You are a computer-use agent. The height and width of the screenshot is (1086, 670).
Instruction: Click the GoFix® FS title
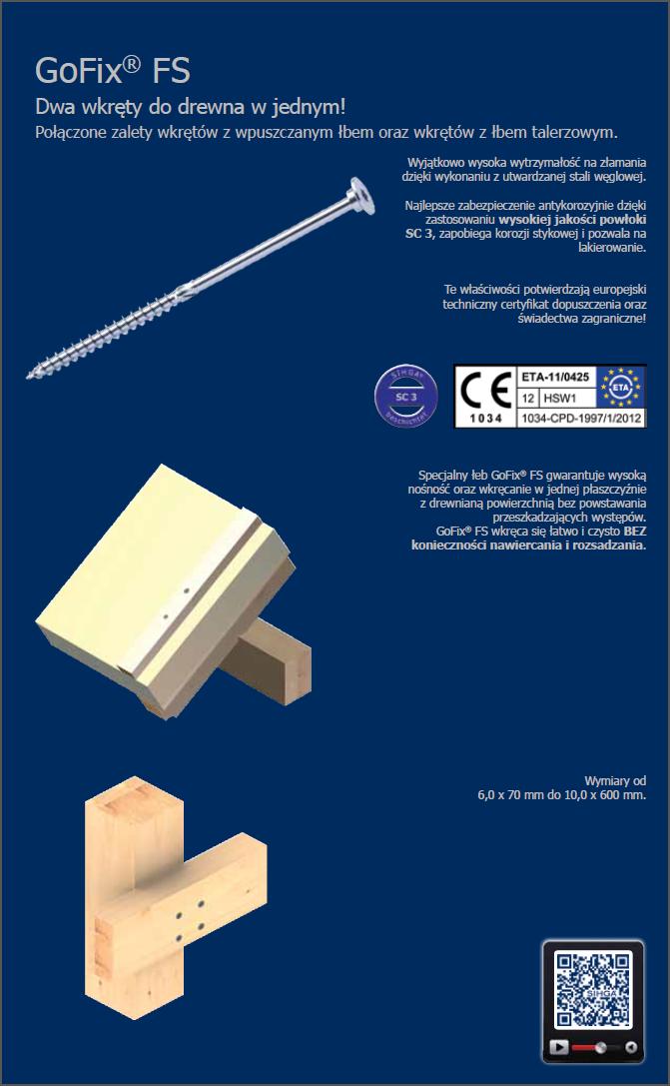[x=113, y=70]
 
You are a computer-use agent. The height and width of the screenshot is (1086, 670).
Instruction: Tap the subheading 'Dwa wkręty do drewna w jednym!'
[x=191, y=107]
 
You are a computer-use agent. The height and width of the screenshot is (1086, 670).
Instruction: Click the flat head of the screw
[x=361, y=195]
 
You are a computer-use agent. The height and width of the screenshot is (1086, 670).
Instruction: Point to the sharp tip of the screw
[x=29, y=376]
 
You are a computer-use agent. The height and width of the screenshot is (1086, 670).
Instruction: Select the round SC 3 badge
[x=406, y=397]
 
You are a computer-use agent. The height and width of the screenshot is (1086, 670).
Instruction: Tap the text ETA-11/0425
[x=556, y=377]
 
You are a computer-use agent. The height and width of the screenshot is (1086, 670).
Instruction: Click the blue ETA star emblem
[x=621, y=387]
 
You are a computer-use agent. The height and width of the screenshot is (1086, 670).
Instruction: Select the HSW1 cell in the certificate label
[x=559, y=399]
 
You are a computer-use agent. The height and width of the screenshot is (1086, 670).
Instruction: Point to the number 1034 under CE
[x=486, y=418]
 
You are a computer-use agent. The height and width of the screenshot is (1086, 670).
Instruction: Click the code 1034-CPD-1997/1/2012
[x=581, y=418]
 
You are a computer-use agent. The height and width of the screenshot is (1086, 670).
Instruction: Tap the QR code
[x=593, y=990]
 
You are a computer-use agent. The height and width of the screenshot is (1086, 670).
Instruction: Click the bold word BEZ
[x=635, y=532]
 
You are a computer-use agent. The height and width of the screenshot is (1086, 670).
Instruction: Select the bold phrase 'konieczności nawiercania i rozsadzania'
[x=527, y=545]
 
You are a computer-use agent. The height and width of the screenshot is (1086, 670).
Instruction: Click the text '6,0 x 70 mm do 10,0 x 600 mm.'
[x=562, y=795]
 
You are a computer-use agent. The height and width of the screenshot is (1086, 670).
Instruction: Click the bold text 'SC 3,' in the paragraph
[x=420, y=234]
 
